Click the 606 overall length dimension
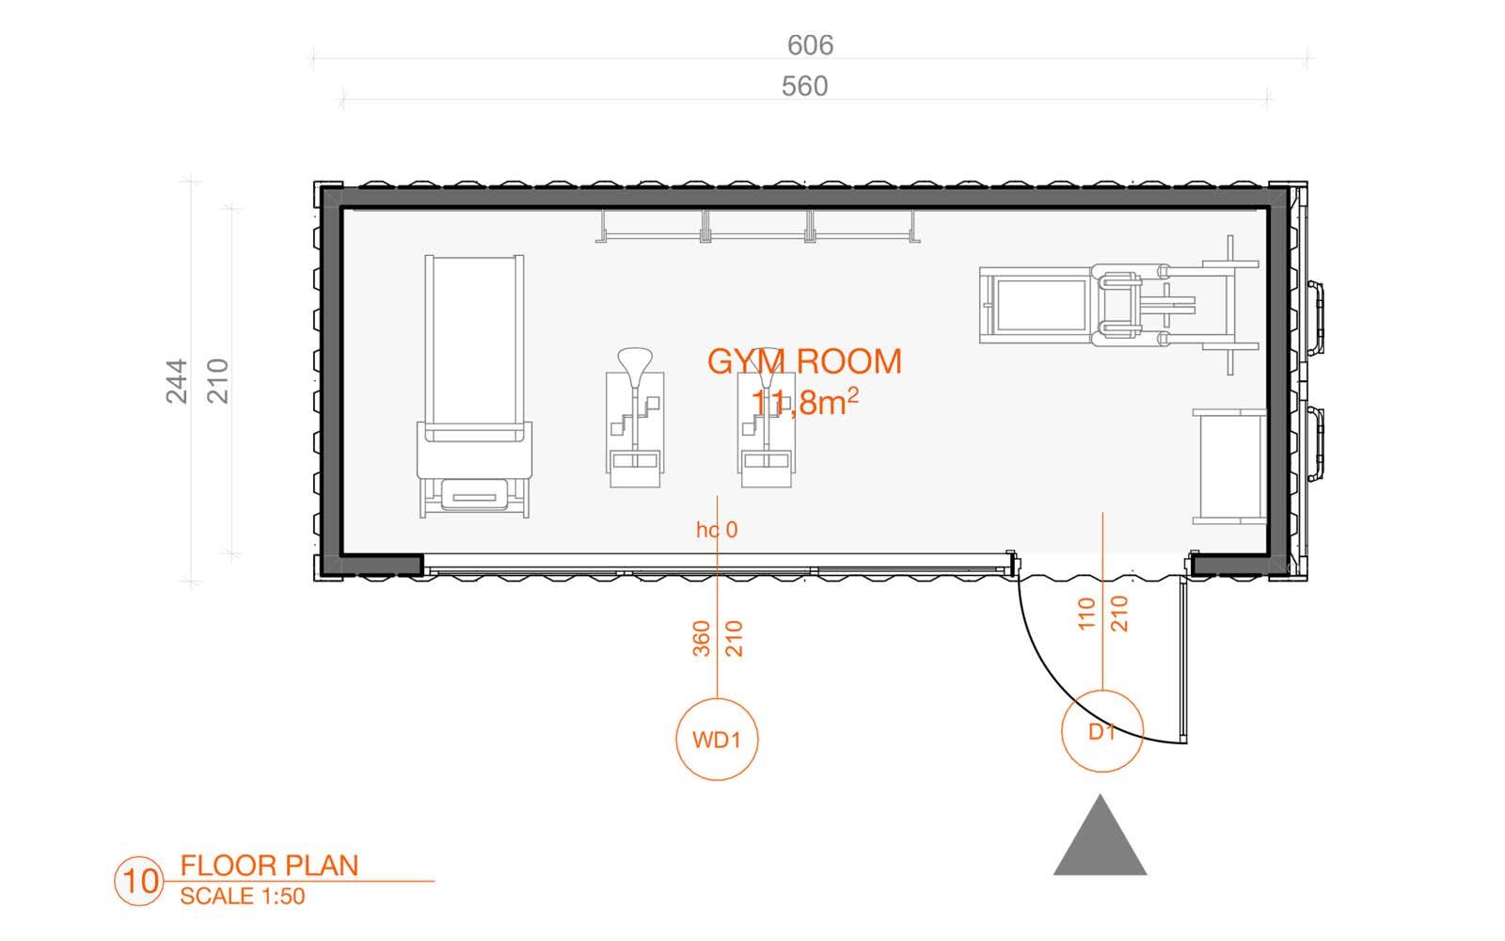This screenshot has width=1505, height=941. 810,45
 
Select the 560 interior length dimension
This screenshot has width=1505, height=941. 805,86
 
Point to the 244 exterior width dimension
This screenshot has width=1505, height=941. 177,381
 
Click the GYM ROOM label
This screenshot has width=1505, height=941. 804,361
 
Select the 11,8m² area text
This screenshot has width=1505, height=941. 804,402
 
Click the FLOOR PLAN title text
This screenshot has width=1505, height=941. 269,866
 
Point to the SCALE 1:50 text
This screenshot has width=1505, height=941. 243,896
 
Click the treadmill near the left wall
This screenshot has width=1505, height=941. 474,387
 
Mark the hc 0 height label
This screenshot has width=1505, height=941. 717,530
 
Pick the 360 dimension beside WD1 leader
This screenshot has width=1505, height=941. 701,639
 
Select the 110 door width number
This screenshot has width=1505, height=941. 1086,614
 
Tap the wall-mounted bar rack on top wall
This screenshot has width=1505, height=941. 758,226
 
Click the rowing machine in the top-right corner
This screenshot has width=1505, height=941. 1119,305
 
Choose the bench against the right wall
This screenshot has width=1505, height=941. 1229,467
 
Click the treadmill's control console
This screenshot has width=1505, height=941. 474,496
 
